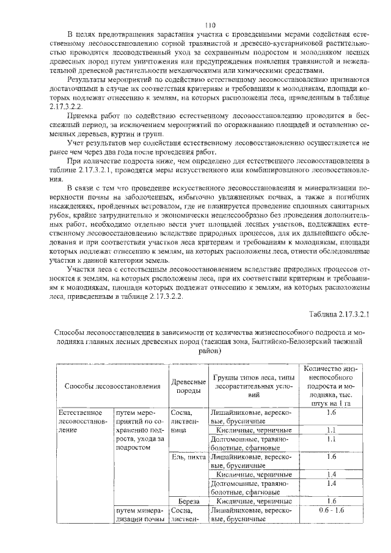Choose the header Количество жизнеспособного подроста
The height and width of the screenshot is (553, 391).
tap(332, 386)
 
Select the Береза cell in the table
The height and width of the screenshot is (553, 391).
tap(185, 500)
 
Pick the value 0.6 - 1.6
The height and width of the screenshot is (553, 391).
tap(332, 509)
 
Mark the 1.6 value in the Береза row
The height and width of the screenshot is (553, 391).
tap(332, 500)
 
